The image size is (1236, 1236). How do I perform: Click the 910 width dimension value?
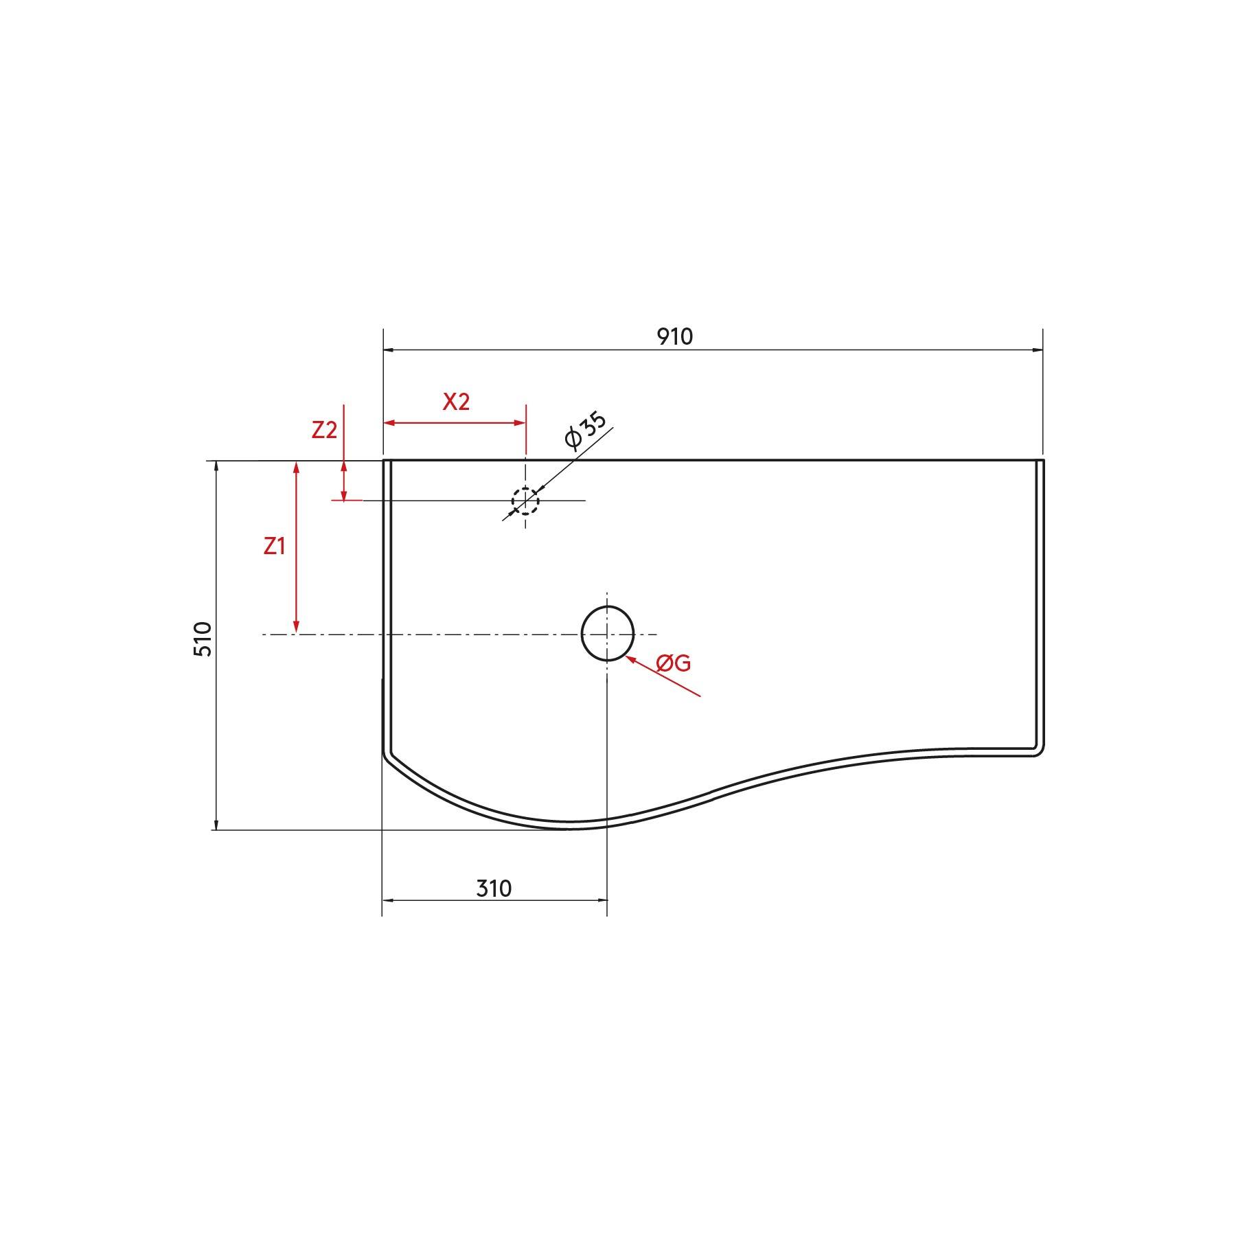pos(675,336)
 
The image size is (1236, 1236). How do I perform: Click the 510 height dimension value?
pos(203,639)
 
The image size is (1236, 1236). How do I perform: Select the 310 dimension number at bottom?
pos(494,889)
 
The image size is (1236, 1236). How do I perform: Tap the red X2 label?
pos(455,402)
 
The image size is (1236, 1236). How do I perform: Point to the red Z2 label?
pos(324,430)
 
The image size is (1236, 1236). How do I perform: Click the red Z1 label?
pos(274,547)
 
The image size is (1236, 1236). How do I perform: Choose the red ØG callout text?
pos(673,663)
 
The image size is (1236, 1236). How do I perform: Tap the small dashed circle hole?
pos(525,501)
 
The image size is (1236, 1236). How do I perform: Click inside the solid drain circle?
pos(607,633)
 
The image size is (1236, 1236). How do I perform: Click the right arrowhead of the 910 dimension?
pos(1038,350)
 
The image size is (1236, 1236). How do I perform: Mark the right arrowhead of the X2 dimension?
pos(520,423)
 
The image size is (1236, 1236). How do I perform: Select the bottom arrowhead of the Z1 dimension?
pos(297,628)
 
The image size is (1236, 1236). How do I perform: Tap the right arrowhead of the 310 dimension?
pos(602,900)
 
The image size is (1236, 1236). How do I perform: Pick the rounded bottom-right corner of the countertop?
pos(1040,752)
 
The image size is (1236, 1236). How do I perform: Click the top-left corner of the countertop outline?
pos(384,460)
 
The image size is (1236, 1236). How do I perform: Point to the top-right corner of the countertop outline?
pos(1042,460)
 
